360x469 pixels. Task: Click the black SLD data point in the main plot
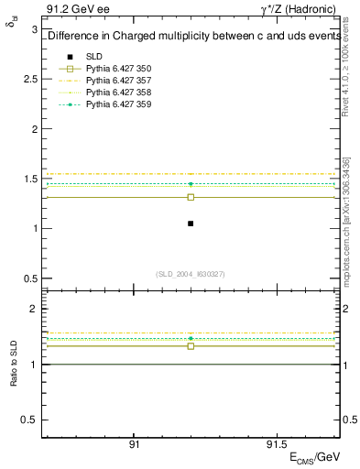point(191,224)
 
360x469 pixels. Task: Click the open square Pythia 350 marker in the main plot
point(191,197)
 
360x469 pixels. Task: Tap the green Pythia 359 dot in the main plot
point(191,184)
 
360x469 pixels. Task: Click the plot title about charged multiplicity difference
point(191,37)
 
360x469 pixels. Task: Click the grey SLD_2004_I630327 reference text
point(191,274)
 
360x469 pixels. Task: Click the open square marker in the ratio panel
point(191,346)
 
